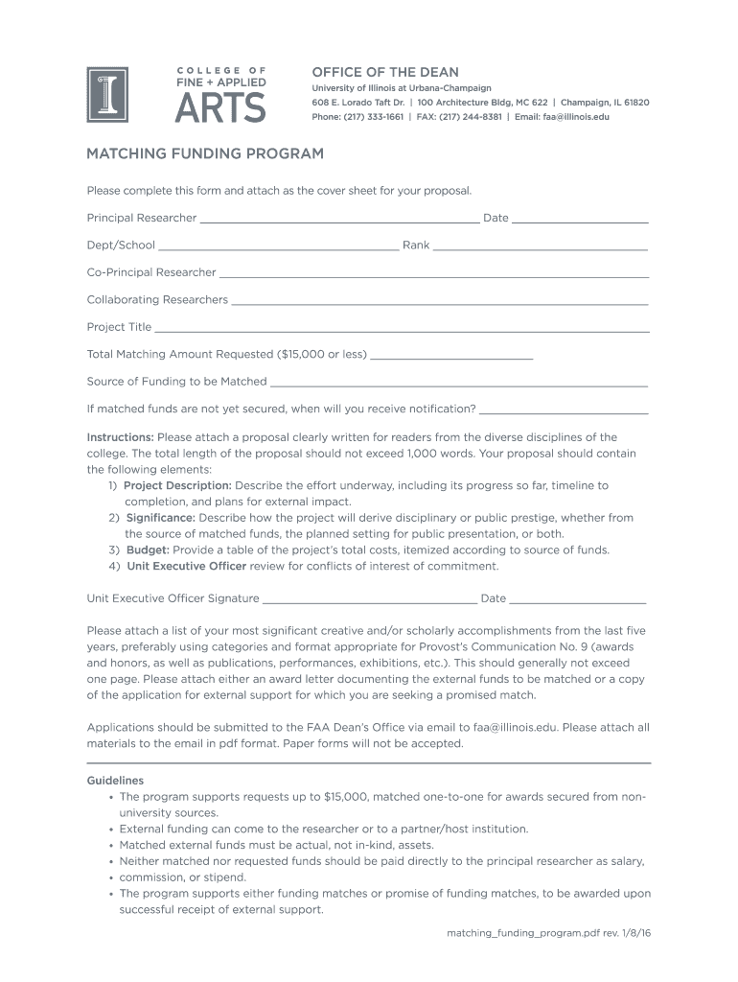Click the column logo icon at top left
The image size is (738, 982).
(107, 94)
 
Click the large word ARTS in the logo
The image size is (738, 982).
(220, 105)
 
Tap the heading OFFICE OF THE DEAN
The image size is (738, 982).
(385, 72)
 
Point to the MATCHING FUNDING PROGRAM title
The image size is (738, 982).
(205, 153)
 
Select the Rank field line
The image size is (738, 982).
(541, 247)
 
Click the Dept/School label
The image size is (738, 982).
(121, 245)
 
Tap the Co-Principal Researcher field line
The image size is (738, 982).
(434, 274)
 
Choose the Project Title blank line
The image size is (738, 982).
(402, 329)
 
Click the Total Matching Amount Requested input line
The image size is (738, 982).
(451, 356)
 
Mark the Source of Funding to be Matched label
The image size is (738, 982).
(176, 382)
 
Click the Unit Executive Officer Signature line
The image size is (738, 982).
(369, 600)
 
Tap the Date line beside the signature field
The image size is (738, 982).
(578, 600)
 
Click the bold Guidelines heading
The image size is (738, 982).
(115, 781)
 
